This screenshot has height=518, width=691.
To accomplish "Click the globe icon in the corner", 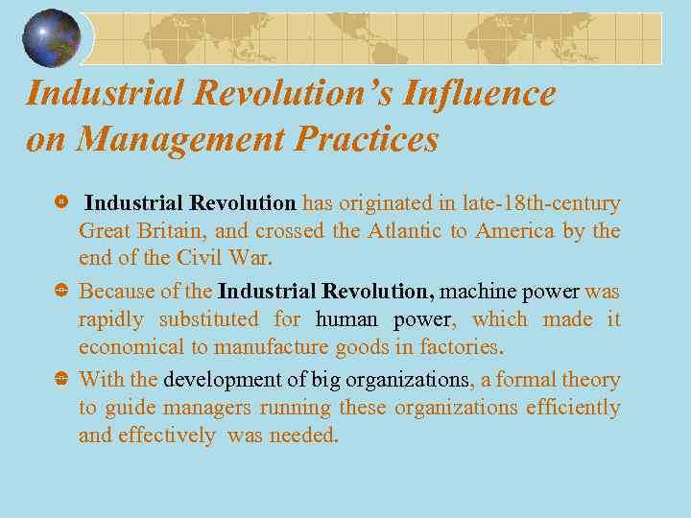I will pos(52,38).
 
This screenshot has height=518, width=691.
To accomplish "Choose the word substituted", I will pos(209,318).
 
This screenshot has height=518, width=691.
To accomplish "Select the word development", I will pos(223,380).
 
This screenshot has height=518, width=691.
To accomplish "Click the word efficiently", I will pos(572,408).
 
